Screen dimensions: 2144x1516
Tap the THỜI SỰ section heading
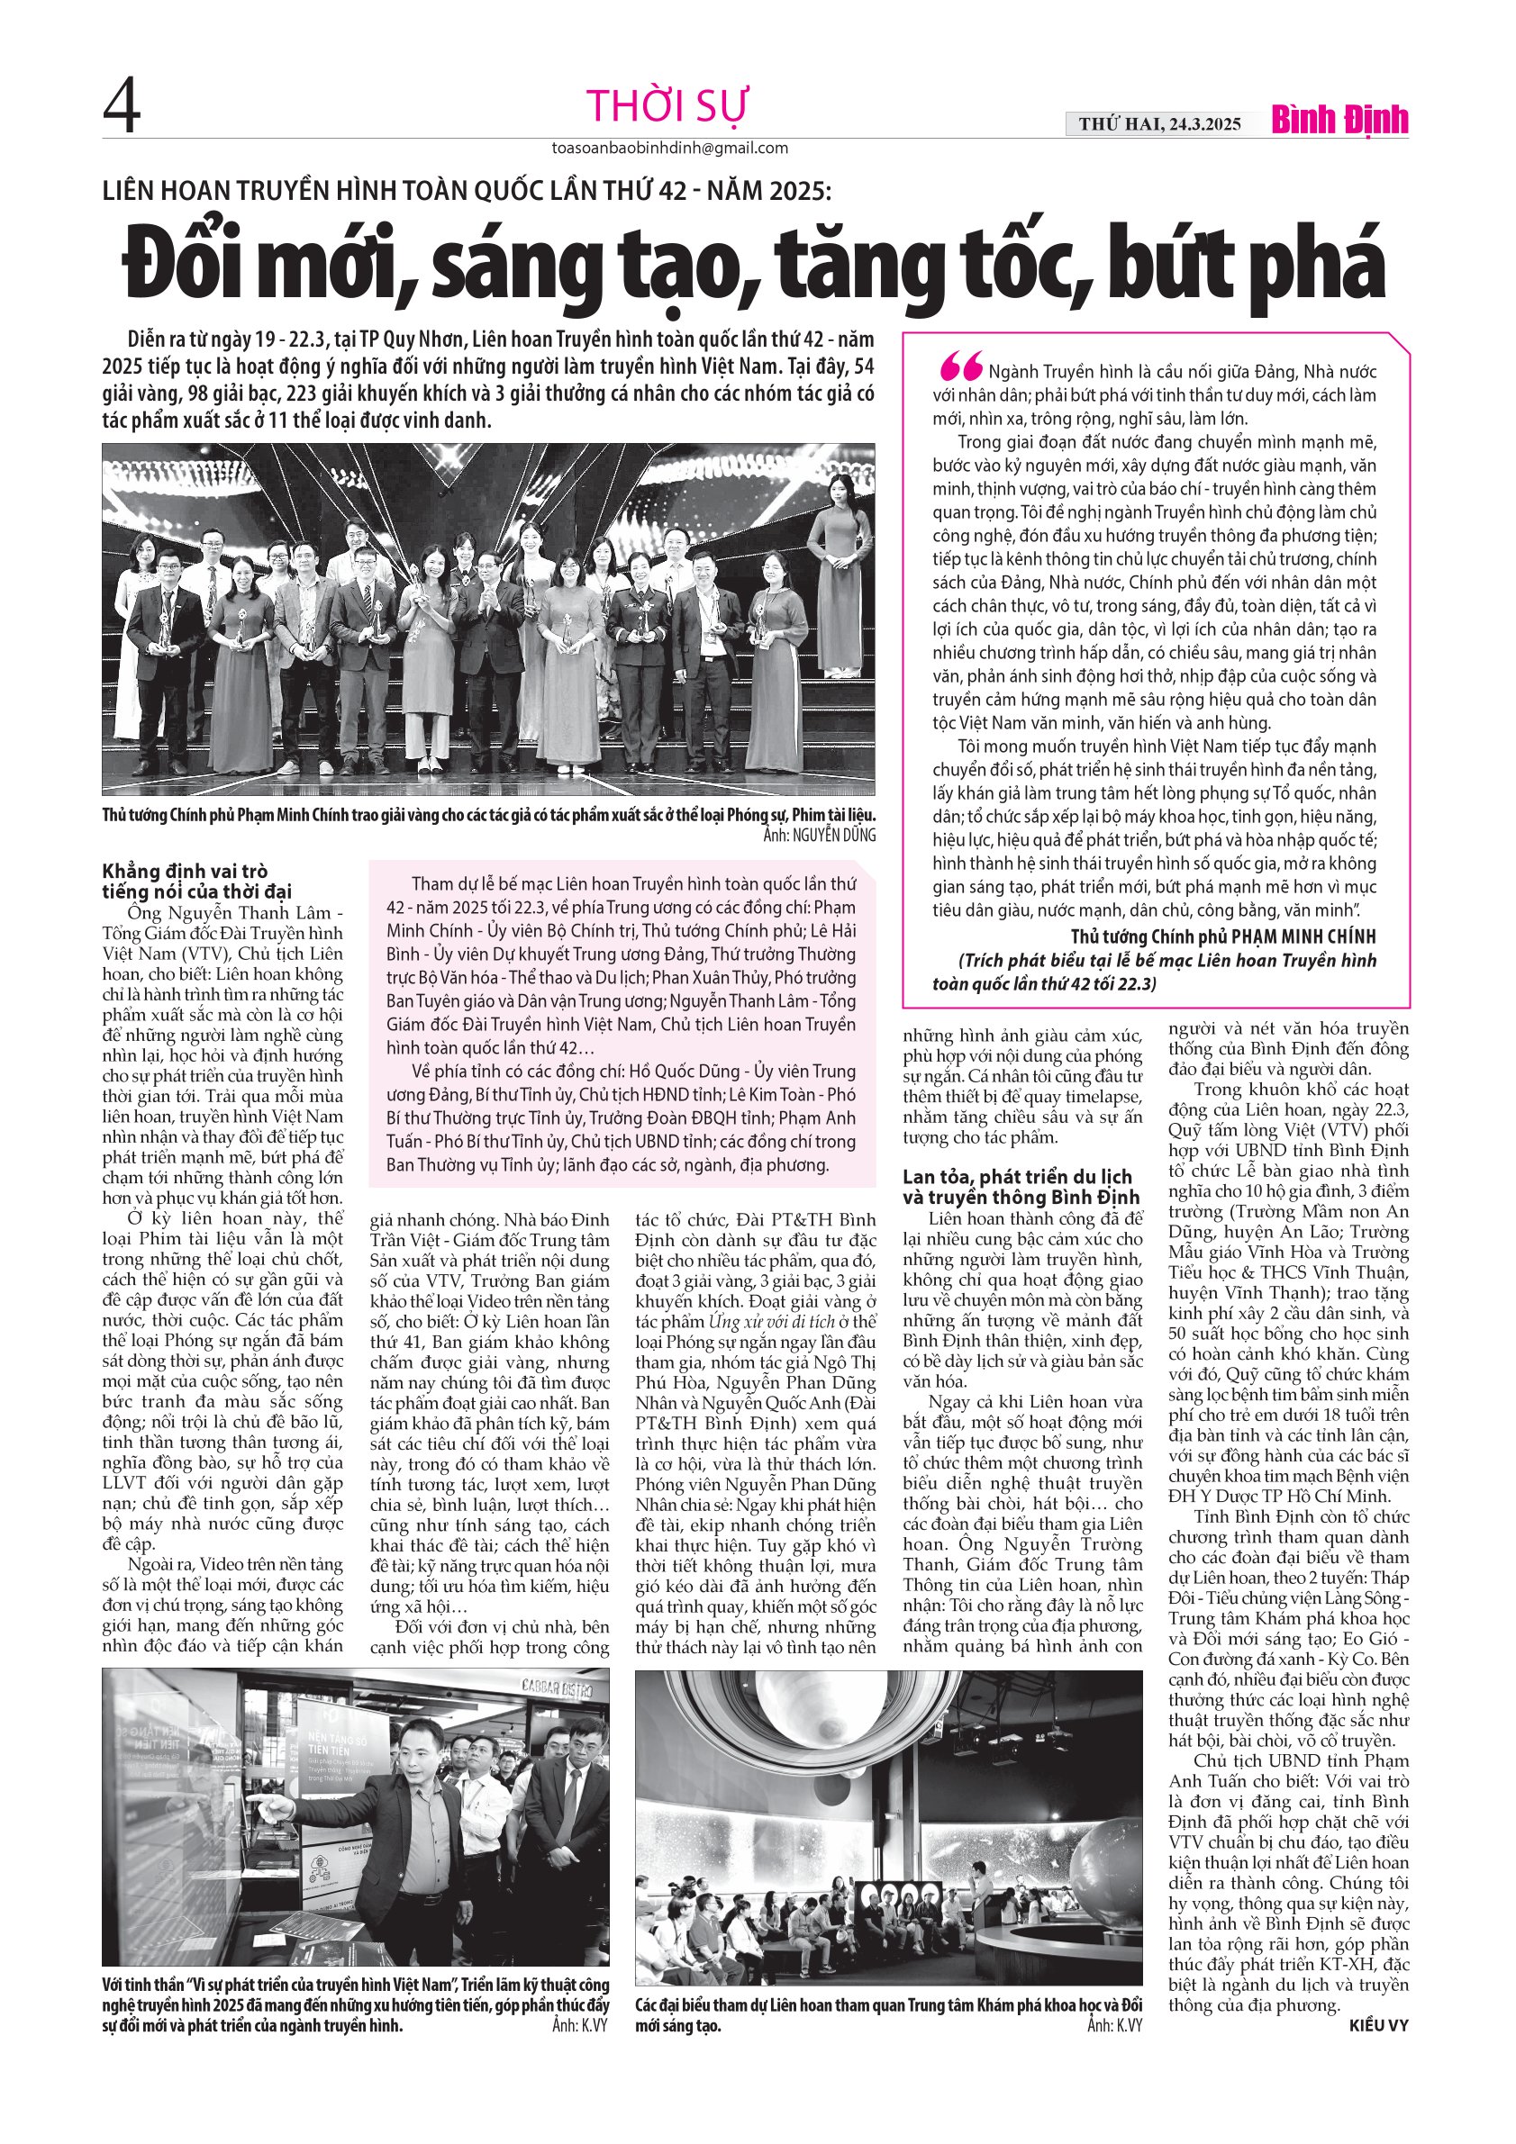(x=667, y=106)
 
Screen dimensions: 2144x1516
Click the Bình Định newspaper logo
(x=1339, y=122)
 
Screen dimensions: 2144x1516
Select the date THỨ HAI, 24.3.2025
(x=1159, y=123)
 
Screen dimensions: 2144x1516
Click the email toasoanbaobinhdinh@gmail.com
(x=670, y=148)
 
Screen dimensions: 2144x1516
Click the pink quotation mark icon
(x=961, y=367)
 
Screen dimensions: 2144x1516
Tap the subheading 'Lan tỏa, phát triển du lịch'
(x=1017, y=1177)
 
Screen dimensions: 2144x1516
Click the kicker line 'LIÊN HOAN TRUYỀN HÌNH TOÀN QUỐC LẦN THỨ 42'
(x=466, y=191)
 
